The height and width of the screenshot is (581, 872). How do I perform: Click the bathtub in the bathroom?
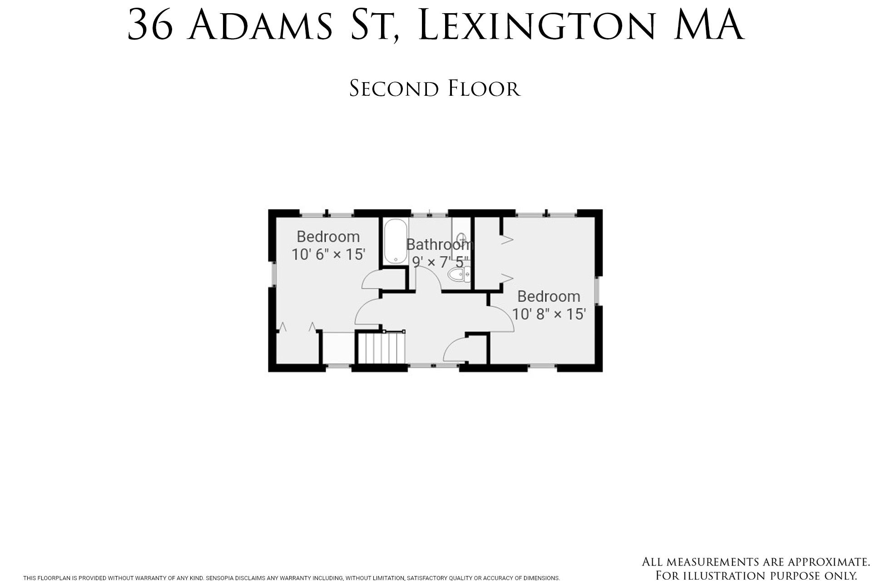(x=395, y=241)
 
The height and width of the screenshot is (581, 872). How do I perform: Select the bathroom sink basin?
(x=461, y=239)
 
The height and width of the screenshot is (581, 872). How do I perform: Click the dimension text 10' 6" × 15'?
(x=328, y=254)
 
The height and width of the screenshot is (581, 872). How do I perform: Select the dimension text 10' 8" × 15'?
(x=549, y=314)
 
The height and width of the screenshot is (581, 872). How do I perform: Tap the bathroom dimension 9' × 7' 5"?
(x=440, y=262)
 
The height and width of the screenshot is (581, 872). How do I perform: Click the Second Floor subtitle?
(x=435, y=89)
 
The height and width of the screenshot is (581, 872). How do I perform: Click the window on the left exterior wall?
(x=273, y=274)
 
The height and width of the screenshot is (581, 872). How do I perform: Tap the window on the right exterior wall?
(x=598, y=290)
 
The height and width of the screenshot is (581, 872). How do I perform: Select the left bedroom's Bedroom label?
(x=328, y=236)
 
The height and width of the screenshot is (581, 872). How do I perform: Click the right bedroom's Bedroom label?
(x=549, y=296)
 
